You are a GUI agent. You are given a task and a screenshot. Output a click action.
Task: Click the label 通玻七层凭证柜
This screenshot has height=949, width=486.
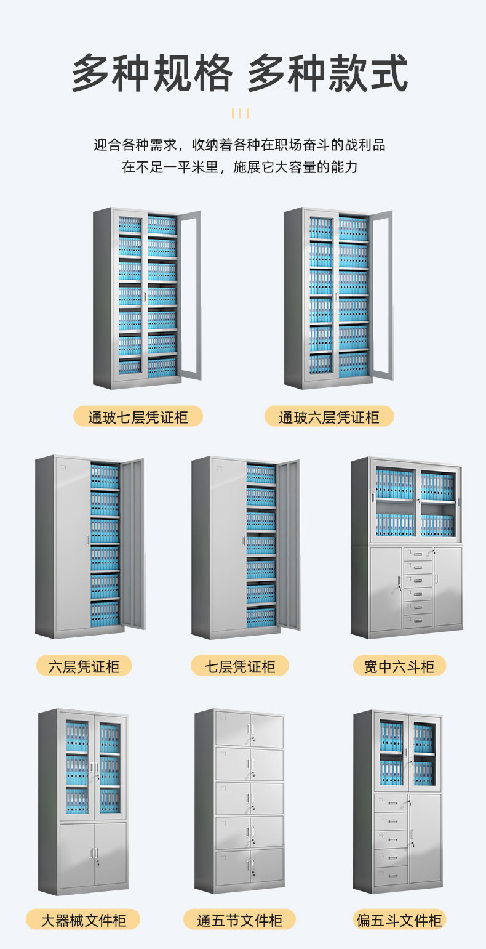[138, 417]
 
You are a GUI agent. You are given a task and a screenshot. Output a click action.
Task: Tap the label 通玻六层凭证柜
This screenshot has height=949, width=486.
[329, 417]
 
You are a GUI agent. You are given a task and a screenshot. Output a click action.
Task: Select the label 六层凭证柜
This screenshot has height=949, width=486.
[83, 666]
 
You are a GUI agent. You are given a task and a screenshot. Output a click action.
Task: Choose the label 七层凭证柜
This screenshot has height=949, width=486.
[239, 666]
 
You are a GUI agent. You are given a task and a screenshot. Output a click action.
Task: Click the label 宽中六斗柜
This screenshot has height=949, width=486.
[399, 666]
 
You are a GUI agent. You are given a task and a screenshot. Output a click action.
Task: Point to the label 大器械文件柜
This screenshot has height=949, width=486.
[83, 920]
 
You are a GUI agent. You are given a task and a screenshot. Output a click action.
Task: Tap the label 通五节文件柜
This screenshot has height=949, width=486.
[239, 920]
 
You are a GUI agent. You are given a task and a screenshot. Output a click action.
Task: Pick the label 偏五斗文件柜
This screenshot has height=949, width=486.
[399, 920]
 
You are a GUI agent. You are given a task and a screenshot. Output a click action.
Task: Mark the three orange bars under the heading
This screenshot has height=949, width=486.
[240, 113]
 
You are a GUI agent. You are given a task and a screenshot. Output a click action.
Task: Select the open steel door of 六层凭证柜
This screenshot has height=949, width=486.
[132, 545]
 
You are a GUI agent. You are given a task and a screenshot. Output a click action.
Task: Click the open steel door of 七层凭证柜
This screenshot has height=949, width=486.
[289, 545]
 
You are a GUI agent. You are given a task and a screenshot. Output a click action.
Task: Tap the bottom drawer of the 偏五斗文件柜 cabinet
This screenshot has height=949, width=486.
[391, 875]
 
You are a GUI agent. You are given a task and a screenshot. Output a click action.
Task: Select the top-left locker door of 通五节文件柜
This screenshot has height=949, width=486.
[233, 730]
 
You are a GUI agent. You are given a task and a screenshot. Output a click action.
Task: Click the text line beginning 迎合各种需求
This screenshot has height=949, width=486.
[240, 145]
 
